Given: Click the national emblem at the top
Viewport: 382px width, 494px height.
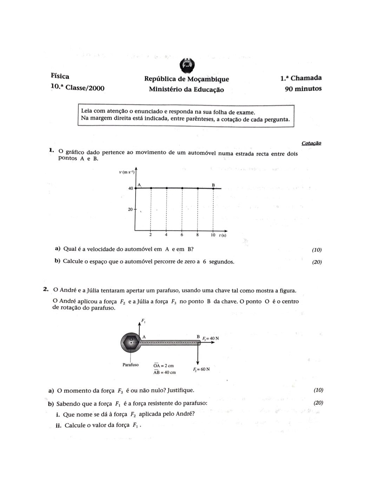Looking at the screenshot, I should click(x=187, y=65).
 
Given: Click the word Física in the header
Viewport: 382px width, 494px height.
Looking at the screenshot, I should click(x=60, y=76).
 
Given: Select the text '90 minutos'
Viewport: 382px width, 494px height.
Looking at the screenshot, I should click(x=303, y=89).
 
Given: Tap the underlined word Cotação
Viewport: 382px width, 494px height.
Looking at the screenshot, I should click(x=311, y=143).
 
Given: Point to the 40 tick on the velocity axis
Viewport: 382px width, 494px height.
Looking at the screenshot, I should click(x=131, y=188).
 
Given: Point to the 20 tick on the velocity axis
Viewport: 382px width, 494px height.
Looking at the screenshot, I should click(x=131, y=209).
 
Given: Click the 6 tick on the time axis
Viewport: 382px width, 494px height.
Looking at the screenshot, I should click(x=182, y=235).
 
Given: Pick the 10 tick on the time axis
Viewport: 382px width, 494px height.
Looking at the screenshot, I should click(x=213, y=235).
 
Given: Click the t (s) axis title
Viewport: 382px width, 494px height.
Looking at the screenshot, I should click(x=223, y=235).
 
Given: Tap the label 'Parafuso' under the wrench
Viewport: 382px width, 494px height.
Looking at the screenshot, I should click(x=130, y=365).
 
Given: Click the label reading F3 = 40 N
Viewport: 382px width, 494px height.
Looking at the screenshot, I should click(x=210, y=339).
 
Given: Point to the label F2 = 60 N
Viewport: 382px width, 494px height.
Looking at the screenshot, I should click(x=201, y=369).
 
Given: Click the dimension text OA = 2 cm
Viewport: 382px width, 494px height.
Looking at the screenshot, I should click(x=163, y=366).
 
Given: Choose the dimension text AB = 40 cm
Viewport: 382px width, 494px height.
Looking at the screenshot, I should click(x=164, y=372).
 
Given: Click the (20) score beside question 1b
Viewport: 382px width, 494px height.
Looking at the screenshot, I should click(x=317, y=262).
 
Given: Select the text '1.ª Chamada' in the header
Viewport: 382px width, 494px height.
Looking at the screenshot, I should click(x=301, y=78).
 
